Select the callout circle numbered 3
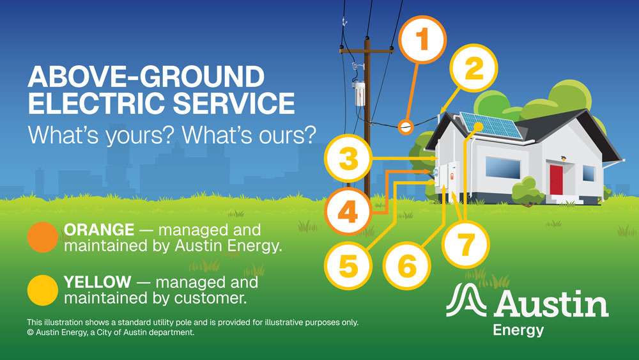(348, 158)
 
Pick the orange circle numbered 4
(348, 212)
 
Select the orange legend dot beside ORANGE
(43, 237)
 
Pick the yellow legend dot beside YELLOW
(43, 290)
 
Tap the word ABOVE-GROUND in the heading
(146, 78)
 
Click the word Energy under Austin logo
(518, 330)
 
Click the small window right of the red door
(589, 173)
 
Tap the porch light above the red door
(564, 157)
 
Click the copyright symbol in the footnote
(30, 333)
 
